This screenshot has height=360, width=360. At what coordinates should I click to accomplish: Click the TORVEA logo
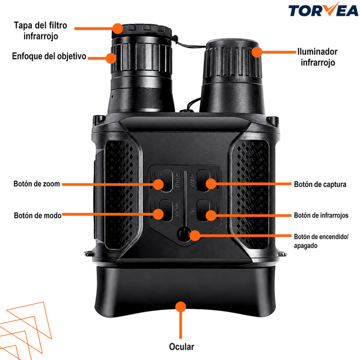(x=323, y=9)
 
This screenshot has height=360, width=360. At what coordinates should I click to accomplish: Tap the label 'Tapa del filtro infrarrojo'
(x=41, y=30)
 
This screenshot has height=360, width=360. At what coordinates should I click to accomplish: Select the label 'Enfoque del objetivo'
(x=49, y=56)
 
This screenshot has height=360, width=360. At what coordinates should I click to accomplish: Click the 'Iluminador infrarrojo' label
(x=317, y=57)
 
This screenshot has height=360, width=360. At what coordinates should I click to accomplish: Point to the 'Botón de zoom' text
(x=37, y=184)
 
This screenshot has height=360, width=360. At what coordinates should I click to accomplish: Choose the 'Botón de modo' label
(x=38, y=215)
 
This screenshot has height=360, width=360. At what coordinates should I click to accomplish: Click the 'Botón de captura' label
(x=320, y=184)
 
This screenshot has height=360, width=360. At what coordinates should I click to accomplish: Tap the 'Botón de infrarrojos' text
(x=321, y=215)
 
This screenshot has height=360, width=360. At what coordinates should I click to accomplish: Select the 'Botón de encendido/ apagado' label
(x=321, y=241)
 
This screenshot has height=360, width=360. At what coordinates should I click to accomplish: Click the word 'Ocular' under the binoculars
(x=182, y=347)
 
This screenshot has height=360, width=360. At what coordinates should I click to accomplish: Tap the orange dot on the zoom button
(x=158, y=184)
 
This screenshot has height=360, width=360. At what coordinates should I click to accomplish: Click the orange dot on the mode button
(x=158, y=214)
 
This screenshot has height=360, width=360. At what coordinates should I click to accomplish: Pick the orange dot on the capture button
(x=211, y=184)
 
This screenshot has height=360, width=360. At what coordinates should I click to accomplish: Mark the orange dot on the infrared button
(x=211, y=215)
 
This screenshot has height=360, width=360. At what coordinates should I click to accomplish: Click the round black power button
(x=184, y=235)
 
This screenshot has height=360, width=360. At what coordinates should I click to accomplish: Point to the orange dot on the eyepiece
(x=181, y=307)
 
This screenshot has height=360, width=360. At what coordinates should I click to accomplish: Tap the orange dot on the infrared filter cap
(x=118, y=28)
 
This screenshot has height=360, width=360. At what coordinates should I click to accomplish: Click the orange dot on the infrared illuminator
(x=257, y=52)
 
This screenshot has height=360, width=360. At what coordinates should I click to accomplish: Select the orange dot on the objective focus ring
(x=111, y=58)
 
